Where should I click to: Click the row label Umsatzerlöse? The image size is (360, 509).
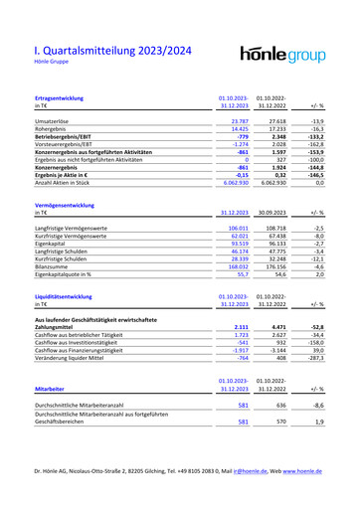click(x=52, y=120)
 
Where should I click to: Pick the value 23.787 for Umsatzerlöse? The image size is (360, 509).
click(x=238, y=120)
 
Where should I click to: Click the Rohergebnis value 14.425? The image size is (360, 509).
click(x=238, y=128)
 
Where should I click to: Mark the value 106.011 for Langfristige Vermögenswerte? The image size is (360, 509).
click(x=236, y=228)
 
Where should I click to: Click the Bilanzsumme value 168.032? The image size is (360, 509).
click(x=236, y=266)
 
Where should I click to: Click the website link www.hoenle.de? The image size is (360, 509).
click(x=314, y=495)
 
